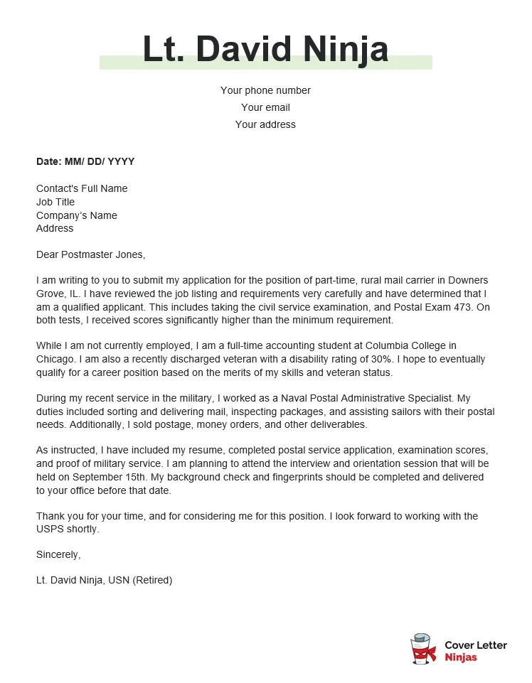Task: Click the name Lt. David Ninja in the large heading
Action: click(265, 49)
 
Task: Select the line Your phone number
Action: click(265, 90)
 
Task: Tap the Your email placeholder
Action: click(265, 107)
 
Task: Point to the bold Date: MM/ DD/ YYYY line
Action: click(85, 161)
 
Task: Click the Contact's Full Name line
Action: click(82, 188)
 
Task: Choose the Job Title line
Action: click(55, 202)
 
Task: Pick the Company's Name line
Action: click(77, 215)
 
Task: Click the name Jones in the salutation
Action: click(129, 254)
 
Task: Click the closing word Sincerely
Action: click(58, 554)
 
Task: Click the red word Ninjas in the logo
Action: click(461, 657)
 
